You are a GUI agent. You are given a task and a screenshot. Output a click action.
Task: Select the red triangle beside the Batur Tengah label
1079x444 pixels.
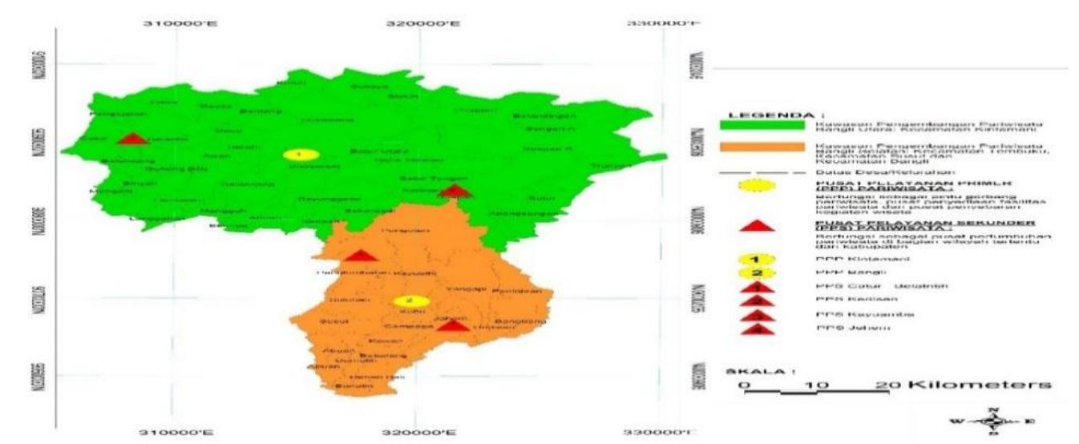455,191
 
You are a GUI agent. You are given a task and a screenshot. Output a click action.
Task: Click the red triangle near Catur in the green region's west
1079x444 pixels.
132,139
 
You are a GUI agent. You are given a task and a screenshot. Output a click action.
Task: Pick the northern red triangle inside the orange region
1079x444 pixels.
361,256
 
